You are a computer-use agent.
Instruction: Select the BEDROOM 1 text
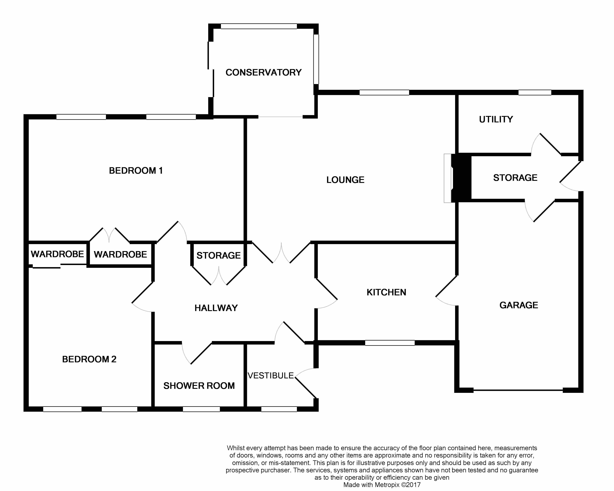136,171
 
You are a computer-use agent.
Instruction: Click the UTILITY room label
496,119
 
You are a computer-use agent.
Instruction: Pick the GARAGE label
519,305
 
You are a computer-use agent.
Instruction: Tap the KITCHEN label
386,292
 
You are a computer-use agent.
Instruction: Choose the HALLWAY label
216,308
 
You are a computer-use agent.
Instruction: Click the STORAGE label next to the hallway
218,256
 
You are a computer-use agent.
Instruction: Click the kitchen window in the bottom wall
390,343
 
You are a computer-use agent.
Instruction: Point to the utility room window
535,92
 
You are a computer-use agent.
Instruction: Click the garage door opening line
518,390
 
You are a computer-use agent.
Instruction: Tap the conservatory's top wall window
259,26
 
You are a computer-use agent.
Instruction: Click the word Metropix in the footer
387,485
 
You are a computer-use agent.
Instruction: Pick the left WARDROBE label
57,254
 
